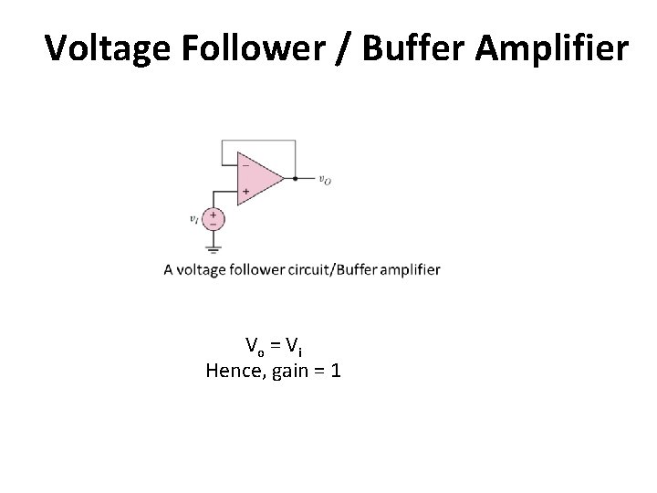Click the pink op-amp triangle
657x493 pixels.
point(259,179)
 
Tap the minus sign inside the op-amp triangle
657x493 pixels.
point(245,166)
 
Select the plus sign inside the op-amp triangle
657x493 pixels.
point(245,192)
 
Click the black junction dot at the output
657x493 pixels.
point(295,179)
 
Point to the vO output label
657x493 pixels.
point(325,180)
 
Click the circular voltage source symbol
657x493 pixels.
point(214,219)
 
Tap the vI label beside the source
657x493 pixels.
point(193,219)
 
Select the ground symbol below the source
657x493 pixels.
point(214,247)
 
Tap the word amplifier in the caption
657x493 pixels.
point(407,269)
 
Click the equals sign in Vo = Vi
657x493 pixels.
point(274,345)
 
